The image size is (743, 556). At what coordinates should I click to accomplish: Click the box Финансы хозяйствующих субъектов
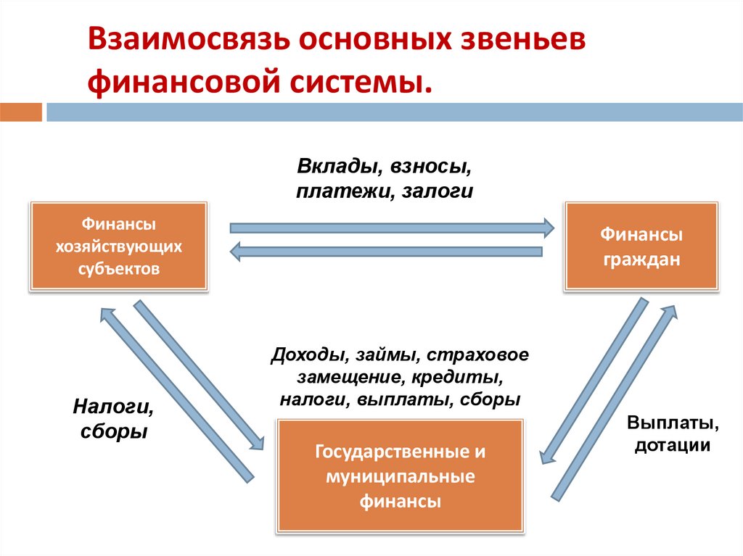[x=119, y=247]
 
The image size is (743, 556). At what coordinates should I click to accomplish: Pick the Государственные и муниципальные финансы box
[x=400, y=476]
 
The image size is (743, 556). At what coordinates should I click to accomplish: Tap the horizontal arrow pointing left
[x=385, y=252]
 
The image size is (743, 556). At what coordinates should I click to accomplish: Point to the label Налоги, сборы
[x=112, y=419]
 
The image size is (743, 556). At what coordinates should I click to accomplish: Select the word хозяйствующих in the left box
[x=119, y=247]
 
